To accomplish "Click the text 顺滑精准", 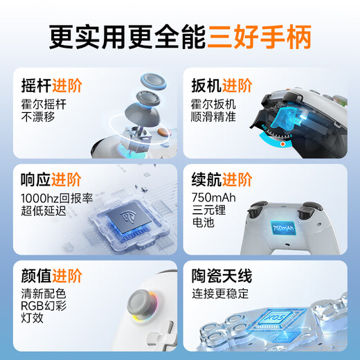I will pyautogui.click(x=214, y=117).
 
